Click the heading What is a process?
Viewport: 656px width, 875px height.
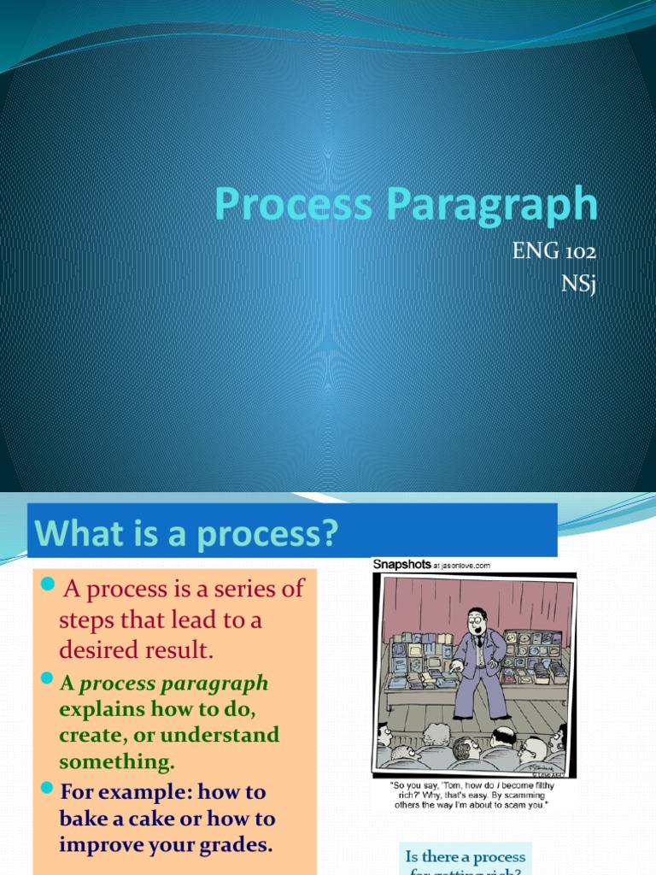click(x=186, y=536)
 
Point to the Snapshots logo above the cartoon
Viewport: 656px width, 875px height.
click(x=402, y=565)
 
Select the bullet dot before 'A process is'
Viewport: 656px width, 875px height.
click(x=48, y=584)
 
